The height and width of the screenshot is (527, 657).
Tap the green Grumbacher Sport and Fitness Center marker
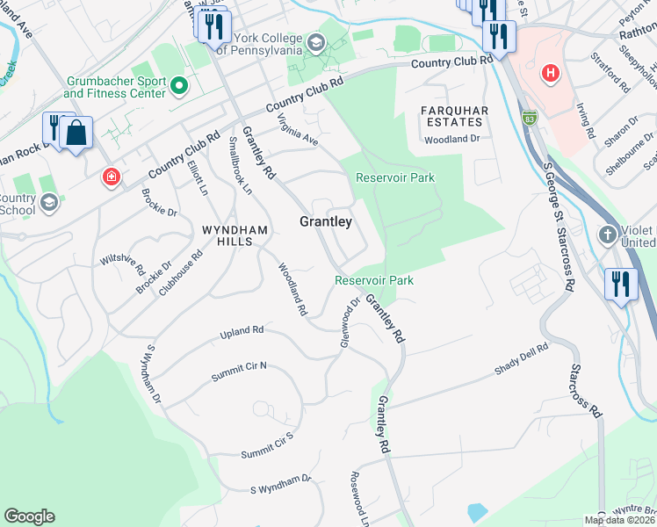(179, 86)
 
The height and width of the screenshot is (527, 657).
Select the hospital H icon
(551, 73)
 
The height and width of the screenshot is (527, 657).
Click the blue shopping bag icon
(77, 133)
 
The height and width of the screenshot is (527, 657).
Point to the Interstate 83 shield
(529, 118)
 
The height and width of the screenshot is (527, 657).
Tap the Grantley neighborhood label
(326, 222)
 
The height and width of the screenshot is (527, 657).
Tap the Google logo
(29, 516)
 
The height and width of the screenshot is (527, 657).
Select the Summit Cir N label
(238, 372)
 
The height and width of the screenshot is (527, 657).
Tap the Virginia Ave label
(297, 129)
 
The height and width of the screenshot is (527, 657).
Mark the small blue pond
(477, 511)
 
